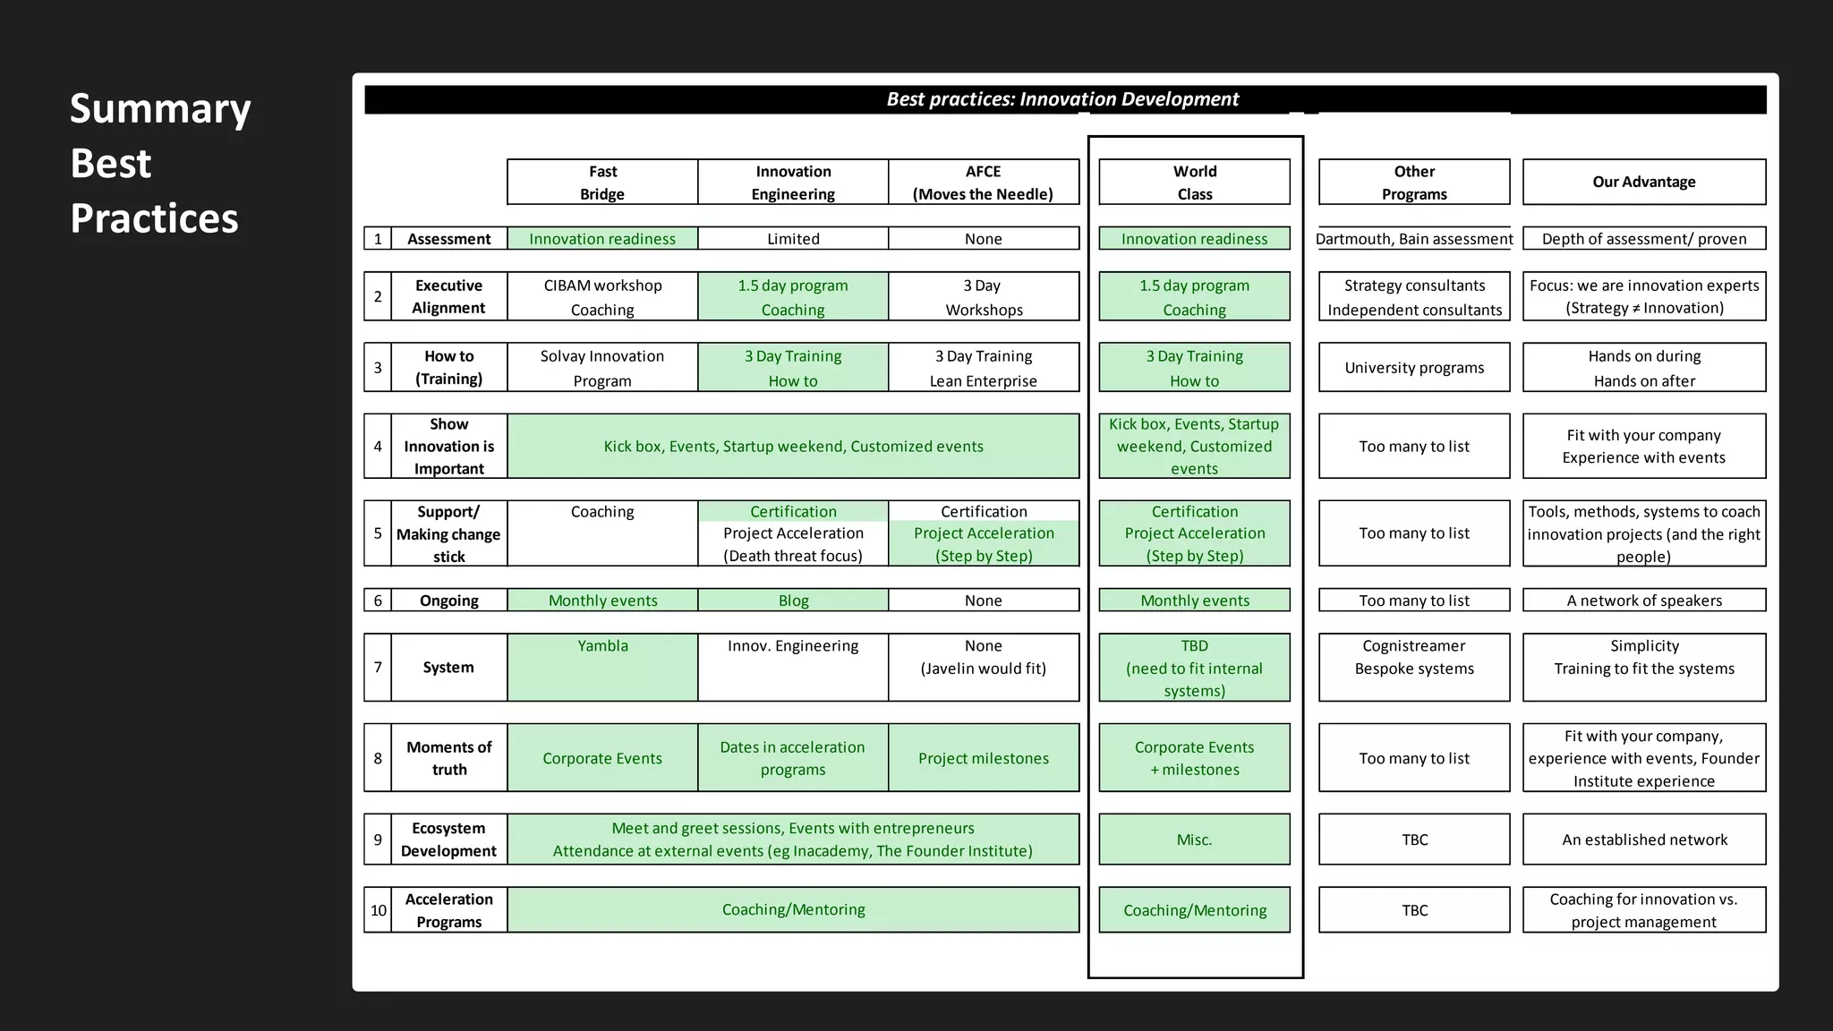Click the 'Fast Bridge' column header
602,183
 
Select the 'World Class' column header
1195,183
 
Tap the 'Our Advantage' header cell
1644,182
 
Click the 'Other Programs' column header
1414,183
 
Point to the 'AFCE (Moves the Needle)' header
984,183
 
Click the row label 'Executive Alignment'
449,296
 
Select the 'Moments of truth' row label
449,758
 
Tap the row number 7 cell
378,668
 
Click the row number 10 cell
379,910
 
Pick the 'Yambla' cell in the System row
602,667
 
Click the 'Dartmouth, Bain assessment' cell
1414,239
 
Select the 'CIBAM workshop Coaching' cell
602,297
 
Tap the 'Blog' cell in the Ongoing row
793,601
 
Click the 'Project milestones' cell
984,758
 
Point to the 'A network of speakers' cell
1644,601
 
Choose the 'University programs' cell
1414,368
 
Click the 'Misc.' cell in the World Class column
1195,839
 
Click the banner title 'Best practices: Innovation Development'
1062,99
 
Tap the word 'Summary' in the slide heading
160,108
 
